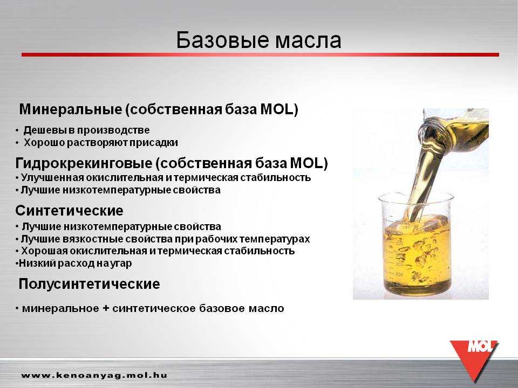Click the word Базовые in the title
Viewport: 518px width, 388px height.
222,40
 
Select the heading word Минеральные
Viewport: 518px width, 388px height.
71,109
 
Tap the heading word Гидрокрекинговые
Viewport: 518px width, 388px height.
84,163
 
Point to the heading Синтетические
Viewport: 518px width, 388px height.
70,211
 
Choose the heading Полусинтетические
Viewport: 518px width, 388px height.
89,284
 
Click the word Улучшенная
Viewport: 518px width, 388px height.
52,178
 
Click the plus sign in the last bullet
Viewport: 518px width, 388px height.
106,308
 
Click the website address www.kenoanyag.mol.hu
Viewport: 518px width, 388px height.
94,375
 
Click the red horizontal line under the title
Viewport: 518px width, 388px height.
260,55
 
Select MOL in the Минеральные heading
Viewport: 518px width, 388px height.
276,109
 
